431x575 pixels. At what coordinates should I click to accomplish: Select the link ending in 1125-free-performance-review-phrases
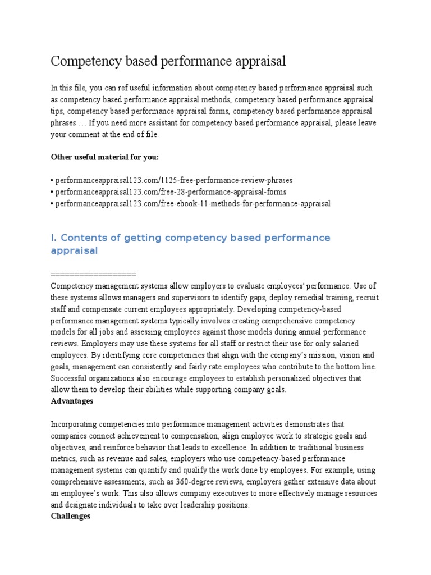173,180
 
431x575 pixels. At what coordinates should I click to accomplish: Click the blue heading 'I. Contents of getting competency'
191,238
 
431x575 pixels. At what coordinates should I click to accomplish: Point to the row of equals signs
93,273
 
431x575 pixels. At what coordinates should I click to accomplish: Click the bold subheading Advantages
72,401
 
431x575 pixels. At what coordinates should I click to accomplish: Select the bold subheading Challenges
71,516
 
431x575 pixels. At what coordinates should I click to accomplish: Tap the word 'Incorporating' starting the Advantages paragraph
75,424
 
